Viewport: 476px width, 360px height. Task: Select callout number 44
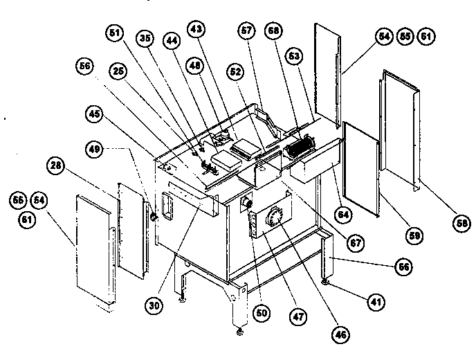click(170, 42)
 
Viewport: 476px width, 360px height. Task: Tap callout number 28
click(55, 165)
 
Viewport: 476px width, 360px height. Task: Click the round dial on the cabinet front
click(275, 217)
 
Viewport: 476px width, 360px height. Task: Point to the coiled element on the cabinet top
click(300, 147)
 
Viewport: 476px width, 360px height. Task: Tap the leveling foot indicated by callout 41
click(325, 282)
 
